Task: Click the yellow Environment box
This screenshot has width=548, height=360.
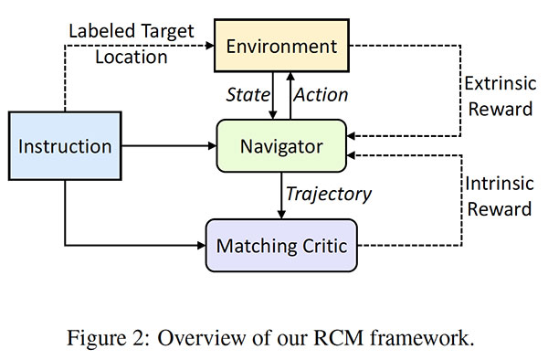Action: tap(282, 46)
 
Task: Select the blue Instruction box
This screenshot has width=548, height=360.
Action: tap(65, 146)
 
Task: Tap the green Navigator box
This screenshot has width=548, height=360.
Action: tap(282, 145)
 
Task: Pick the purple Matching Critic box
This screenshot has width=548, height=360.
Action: tap(282, 244)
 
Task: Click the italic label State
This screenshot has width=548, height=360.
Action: tap(248, 95)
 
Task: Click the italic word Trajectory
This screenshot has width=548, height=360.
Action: tap(328, 194)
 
